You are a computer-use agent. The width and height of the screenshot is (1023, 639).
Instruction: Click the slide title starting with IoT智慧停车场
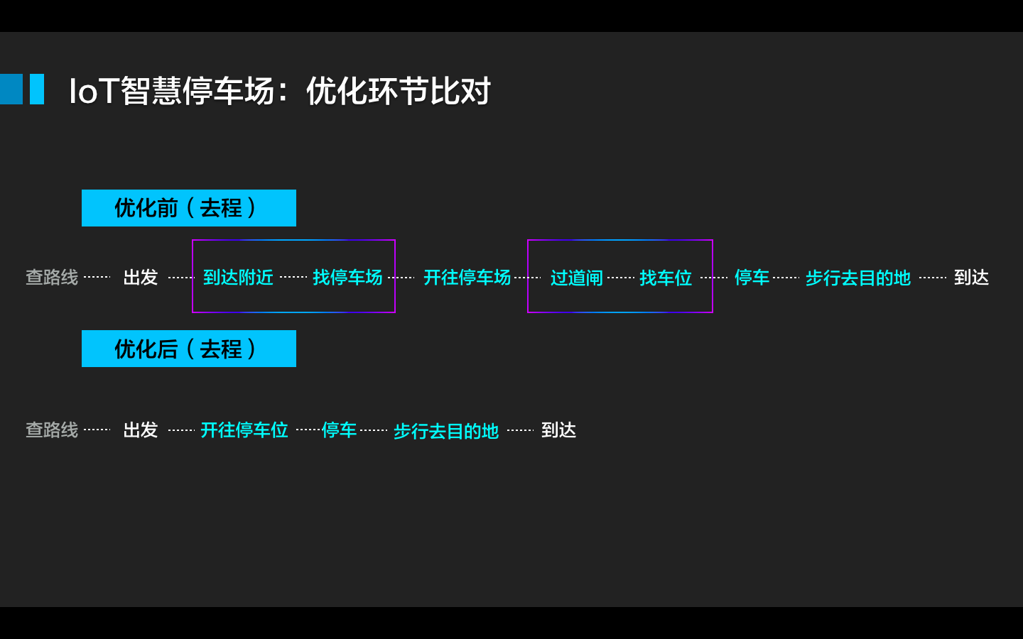pyautogui.click(x=279, y=91)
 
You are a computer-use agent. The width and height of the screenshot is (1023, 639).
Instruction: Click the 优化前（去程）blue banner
pyautogui.click(x=188, y=208)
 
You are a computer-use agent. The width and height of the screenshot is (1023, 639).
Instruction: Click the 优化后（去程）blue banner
pyautogui.click(x=188, y=349)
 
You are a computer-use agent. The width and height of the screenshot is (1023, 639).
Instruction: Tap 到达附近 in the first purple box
pyautogui.click(x=238, y=277)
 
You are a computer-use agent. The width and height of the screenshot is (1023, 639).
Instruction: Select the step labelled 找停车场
pyautogui.click(x=347, y=277)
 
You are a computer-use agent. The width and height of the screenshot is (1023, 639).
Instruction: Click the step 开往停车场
pyautogui.click(x=467, y=277)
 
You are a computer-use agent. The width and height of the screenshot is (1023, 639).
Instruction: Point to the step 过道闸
pyautogui.click(x=576, y=278)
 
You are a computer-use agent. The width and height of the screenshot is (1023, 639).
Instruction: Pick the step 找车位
pyautogui.click(x=666, y=278)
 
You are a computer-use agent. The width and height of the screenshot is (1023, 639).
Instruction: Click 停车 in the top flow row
pyautogui.click(x=752, y=277)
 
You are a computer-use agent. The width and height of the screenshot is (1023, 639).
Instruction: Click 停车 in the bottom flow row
pyautogui.click(x=339, y=430)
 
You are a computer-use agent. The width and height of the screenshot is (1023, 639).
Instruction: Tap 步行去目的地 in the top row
pyautogui.click(x=857, y=278)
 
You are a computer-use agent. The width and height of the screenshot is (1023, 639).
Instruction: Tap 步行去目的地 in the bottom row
pyautogui.click(x=446, y=431)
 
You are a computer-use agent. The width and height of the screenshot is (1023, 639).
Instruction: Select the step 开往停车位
pyautogui.click(x=244, y=430)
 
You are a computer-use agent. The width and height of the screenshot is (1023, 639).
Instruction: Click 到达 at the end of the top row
pyautogui.click(x=971, y=277)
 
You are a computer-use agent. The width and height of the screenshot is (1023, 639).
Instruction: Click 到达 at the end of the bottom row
pyautogui.click(x=558, y=430)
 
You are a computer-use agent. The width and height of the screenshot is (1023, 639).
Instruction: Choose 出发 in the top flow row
pyautogui.click(x=140, y=277)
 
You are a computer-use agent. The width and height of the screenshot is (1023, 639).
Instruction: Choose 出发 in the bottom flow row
pyautogui.click(x=140, y=430)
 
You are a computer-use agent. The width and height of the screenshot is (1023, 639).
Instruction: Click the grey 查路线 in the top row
pyautogui.click(x=52, y=277)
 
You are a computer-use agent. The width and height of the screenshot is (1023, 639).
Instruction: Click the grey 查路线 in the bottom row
pyautogui.click(x=52, y=430)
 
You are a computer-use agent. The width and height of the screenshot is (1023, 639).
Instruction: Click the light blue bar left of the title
pyautogui.click(x=37, y=89)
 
